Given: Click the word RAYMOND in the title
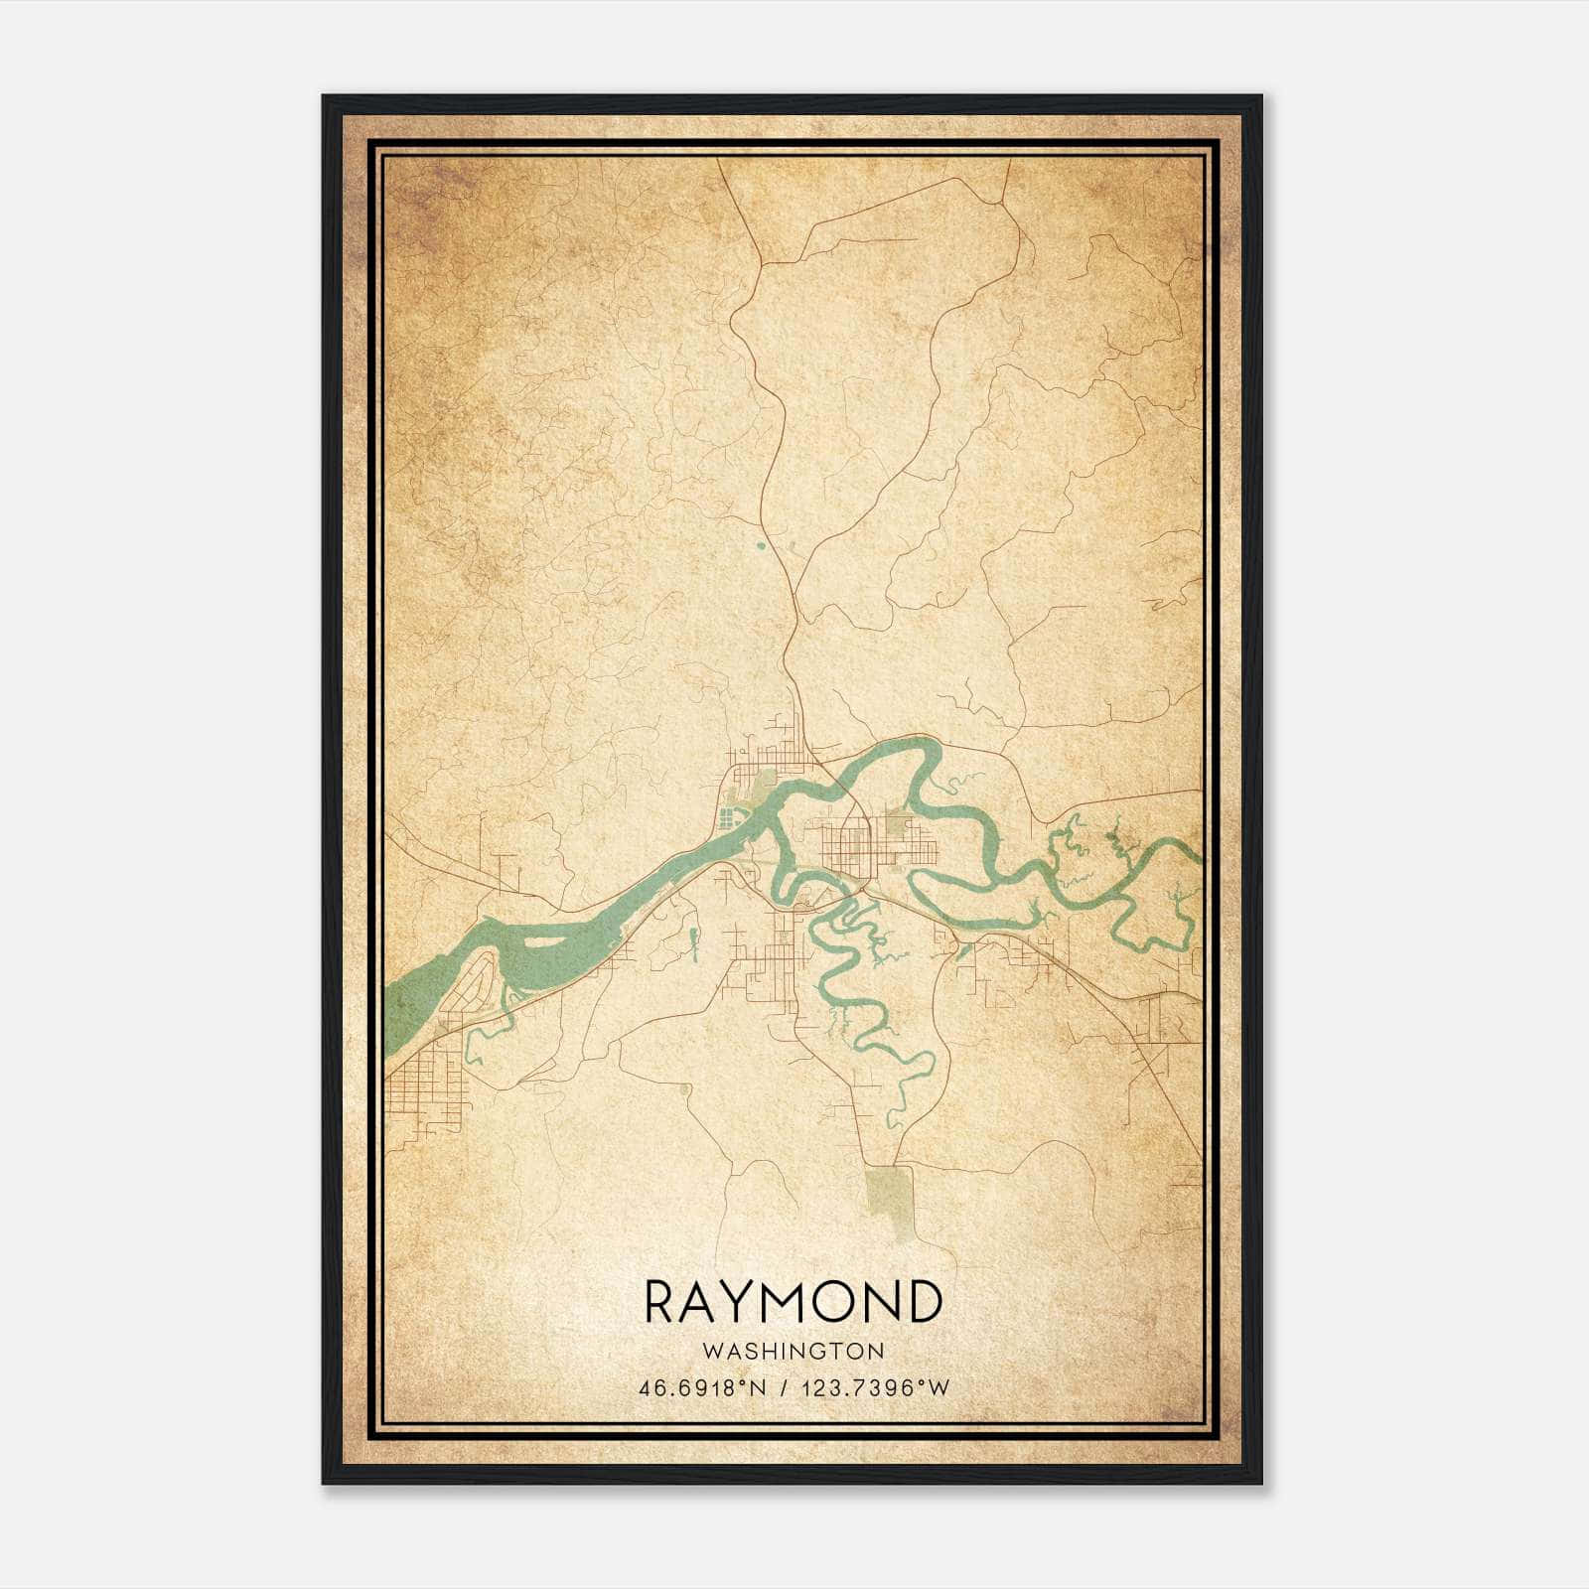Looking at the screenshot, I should (x=793, y=1301).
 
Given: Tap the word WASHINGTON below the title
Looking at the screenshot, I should (x=793, y=1351).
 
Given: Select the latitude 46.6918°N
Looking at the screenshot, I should (x=702, y=1388).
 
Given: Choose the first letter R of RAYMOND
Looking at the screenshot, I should (x=661, y=1301).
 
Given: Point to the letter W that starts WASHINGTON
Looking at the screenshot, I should (x=708, y=1351).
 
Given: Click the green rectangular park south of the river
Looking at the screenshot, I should (x=890, y=1200).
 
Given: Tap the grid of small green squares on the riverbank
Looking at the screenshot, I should (x=730, y=817).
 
